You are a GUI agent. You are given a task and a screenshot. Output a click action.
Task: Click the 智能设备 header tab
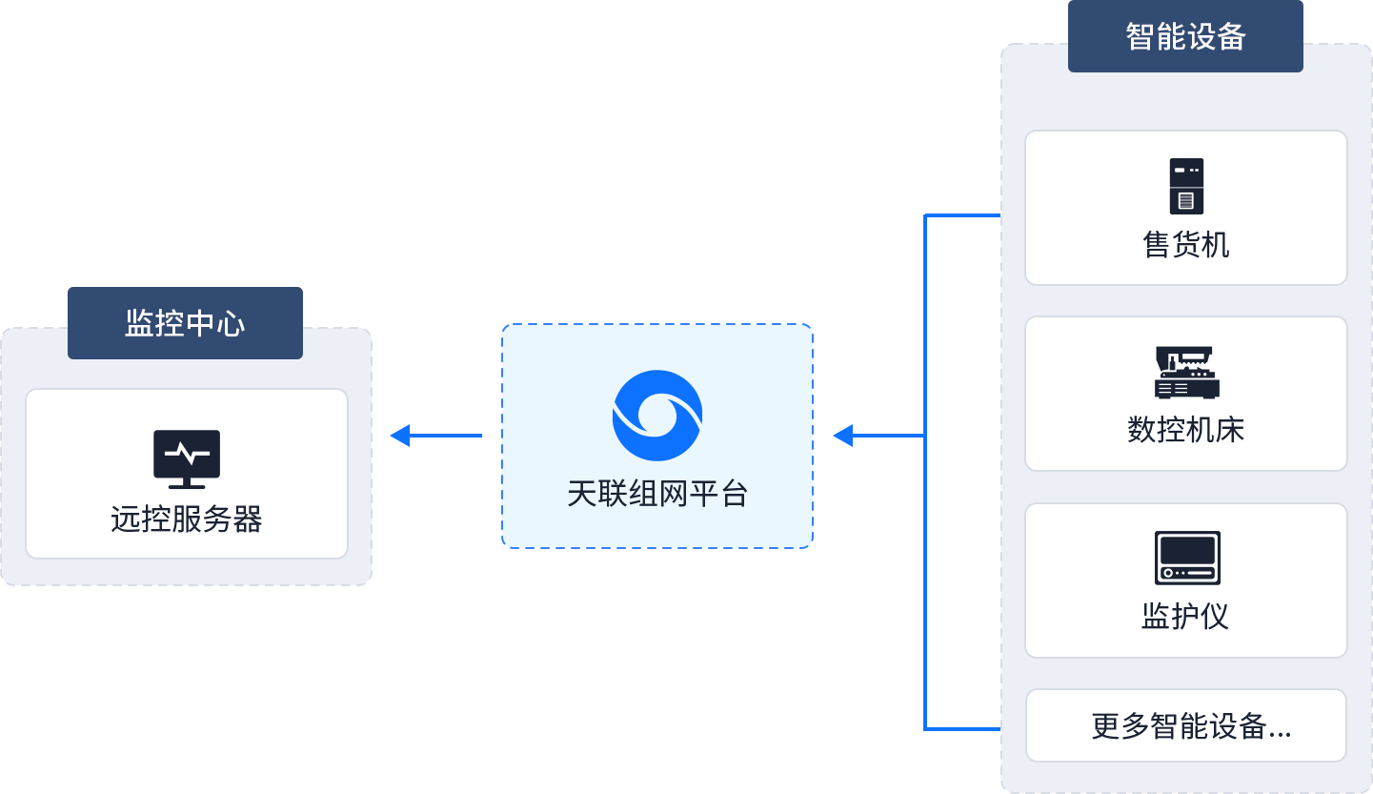click(x=1185, y=36)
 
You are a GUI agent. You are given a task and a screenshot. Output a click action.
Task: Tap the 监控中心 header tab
click(x=185, y=322)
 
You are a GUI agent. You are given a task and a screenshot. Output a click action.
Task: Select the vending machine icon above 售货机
click(x=1186, y=186)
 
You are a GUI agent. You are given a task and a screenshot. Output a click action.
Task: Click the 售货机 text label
click(x=1186, y=245)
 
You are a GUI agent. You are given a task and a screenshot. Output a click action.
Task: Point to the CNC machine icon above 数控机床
click(x=1186, y=373)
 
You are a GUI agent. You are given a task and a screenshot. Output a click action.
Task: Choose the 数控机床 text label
click(x=1186, y=430)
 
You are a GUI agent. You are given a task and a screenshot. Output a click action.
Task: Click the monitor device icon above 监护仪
click(x=1186, y=558)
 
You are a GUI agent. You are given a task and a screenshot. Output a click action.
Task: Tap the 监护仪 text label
click(x=1186, y=616)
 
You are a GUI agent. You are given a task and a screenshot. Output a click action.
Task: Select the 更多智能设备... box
click(x=1186, y=725)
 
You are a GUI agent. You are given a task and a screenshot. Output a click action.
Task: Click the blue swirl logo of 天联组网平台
click(x=657, y=416)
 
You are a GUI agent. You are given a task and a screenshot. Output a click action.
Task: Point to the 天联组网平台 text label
click(x=657, y=494)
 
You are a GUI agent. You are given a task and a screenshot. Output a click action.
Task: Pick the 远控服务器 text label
click(x=187, y=519)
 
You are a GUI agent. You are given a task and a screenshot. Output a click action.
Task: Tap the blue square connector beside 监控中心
click(x=399, y=435)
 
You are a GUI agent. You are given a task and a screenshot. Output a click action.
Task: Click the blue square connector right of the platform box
click(x=842, y=435)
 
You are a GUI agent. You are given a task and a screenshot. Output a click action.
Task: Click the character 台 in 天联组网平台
click(x=734, y=494)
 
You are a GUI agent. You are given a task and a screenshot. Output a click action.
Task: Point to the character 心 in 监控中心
click(x=231, y=323)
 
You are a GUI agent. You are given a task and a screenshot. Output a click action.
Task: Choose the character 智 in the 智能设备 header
click(x=1141, y=36)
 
